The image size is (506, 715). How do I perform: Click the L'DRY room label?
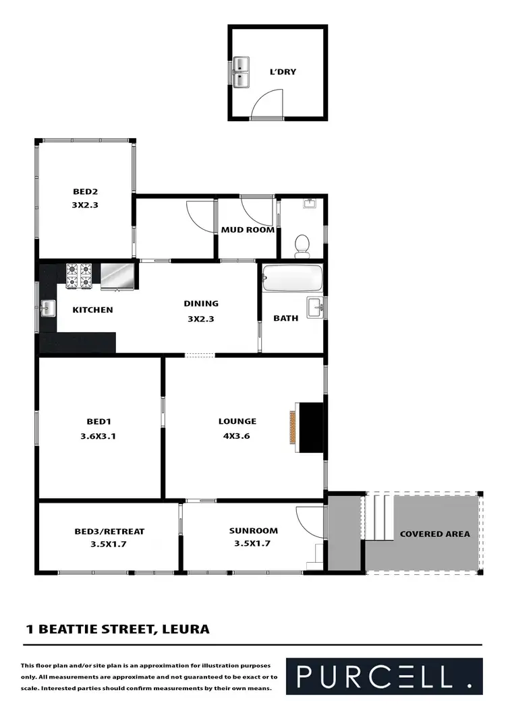tap(283, 72)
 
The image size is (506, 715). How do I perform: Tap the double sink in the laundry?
tap(241, 72)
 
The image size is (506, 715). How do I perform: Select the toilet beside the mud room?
tap(302, 245)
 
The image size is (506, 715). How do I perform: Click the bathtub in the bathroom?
tap(292, 277)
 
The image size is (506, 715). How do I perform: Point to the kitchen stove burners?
tap(78, 275)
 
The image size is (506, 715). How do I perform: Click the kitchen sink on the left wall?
tap(47, 309)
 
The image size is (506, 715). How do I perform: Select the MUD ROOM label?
tap(248, 230)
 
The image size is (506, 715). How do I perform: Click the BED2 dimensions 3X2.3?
tap(86, 205)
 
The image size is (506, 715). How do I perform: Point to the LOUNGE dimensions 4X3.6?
tap(237, 435)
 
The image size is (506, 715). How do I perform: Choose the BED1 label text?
tap(98, 422)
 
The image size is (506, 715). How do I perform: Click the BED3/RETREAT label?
tap(109, 531)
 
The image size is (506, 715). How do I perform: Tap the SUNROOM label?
tap(253, 530)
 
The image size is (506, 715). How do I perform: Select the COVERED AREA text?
tap(434, 534)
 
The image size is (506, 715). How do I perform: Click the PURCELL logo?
tap(384, 676)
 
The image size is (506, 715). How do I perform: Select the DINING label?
tap(201, 303)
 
